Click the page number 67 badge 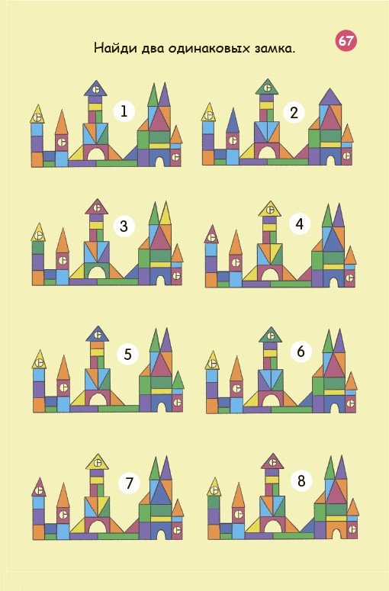coord(346,40)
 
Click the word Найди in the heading coord(115,49)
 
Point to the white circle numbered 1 coord(124,111)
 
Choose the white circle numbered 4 coord(300,224)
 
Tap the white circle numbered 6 coord(301,352)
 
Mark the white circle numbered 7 coord(129,483)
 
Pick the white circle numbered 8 coord(301,481)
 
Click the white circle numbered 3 coord(124,226)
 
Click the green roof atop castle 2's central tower coord(267,88)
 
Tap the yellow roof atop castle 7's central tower coord(98,462)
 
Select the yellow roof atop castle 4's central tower coord(270,210)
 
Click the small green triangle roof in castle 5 coord(178,381)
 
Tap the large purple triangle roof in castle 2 coord(330,98)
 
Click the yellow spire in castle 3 coord(165,215)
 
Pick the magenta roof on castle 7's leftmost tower coord(38,488)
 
